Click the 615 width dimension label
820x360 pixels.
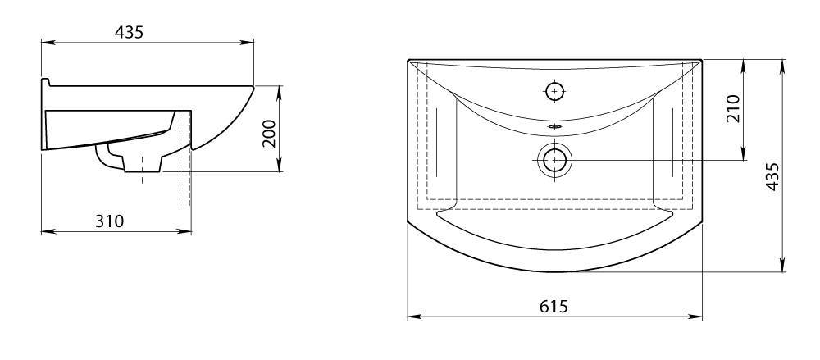pos(553,306)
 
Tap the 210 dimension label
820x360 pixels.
pos(734,108)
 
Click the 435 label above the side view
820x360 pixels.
pos(129,32)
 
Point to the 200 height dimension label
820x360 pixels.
pos(268,134)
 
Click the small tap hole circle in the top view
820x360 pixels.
pos(555,92)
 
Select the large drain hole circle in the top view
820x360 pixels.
pos(554,160)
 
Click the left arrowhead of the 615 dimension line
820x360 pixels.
pos(413,317)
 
